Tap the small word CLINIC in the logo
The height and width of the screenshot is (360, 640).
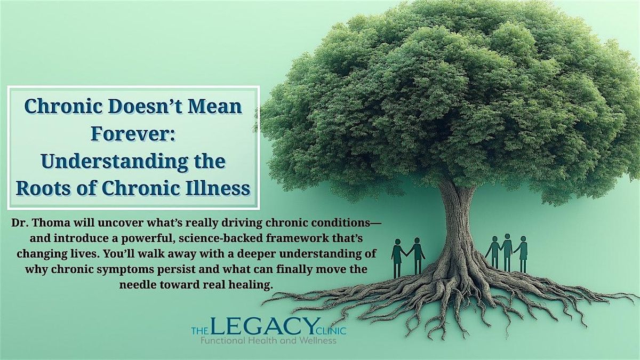coord(333,331)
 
